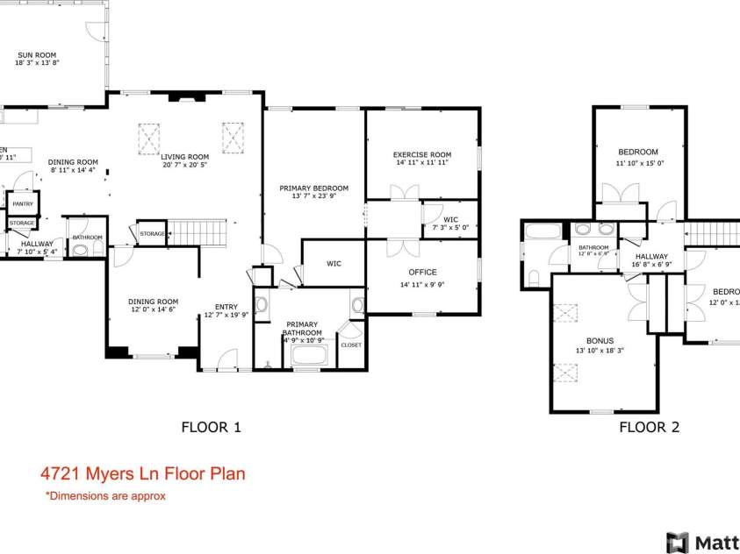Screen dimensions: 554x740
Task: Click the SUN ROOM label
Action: (36, 54)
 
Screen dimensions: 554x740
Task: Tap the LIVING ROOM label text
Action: (184, 156)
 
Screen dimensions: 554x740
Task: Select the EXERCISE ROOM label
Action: (421, 154)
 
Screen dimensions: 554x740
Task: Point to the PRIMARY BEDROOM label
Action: (313, 188)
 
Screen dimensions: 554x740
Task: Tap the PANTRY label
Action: (23, 204)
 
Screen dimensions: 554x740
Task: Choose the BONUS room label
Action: (600, 341)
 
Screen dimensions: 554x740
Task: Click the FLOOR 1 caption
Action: (211, 428)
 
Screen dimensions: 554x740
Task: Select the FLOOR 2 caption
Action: (649, 428)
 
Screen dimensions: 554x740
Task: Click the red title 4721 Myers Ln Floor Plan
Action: (142, 474)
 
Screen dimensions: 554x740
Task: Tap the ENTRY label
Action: (226, 306)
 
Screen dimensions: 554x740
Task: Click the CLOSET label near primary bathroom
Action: (350, 345)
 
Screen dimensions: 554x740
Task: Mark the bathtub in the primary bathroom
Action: (308, 356)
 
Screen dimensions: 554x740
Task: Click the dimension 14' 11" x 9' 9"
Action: (423, 284)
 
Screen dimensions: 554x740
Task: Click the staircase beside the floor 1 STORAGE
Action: (198, 233)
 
